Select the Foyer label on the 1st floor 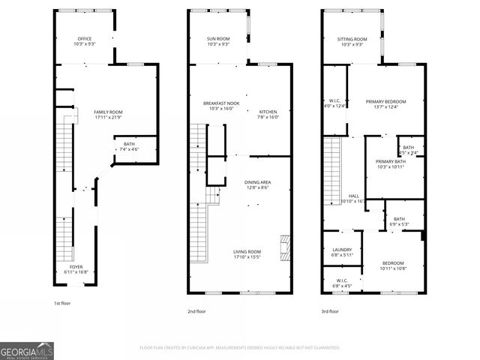76,269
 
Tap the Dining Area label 257,184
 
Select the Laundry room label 341,252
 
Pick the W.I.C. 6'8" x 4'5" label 342,283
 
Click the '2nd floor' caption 197,311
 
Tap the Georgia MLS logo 27,350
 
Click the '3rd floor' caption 330,311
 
